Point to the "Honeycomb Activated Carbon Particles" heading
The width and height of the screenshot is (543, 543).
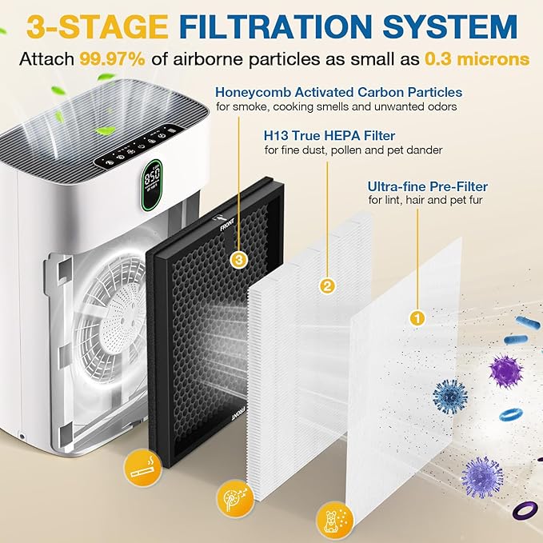338,92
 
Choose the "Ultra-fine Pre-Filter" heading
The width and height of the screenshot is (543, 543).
428,186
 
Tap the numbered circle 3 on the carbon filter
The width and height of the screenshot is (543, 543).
238,259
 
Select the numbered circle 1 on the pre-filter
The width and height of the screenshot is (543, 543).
416,317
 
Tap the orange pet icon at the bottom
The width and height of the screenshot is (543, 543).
330,517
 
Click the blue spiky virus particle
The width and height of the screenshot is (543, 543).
449,396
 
